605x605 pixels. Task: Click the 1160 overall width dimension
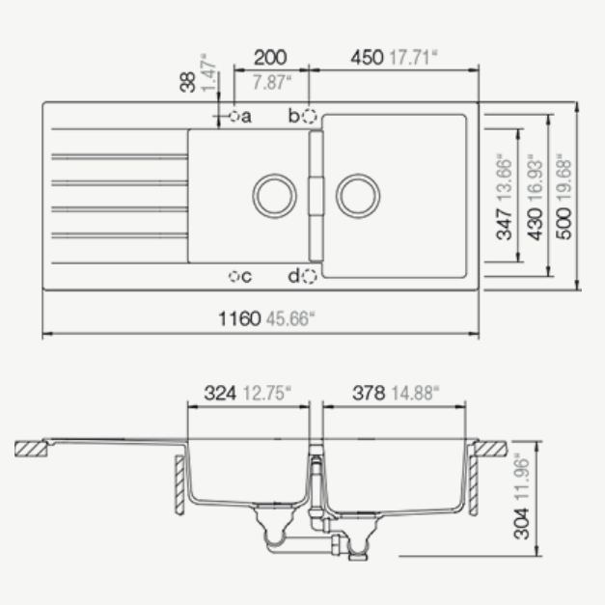(x=239, y=318)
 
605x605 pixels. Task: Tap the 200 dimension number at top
(x=270, y=58)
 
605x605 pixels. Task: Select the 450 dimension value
(x=367, y=58)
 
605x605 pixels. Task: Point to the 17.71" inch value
(x=414, y=58)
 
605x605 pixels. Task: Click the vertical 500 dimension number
(x=564, y=224)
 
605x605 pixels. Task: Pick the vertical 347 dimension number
(x=505, y=224)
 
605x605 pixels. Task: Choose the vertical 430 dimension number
(x=535, y=224)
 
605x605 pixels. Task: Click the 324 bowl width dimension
(x=220, y=393)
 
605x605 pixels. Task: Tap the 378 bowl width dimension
(x=369, y=393)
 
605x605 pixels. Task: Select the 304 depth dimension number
(x=521, y=524)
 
